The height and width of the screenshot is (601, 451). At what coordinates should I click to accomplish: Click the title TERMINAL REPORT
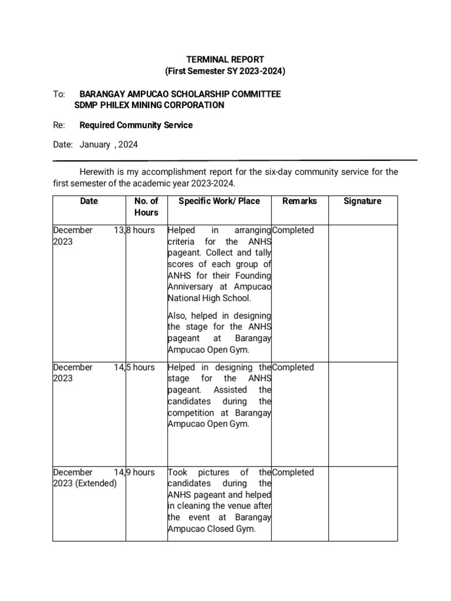(x=225, y=59)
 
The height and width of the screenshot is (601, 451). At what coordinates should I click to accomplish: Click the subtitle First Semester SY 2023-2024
(x=225, y=71)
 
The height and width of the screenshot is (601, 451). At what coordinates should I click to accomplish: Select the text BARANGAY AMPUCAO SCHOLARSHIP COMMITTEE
(x=180, y=94)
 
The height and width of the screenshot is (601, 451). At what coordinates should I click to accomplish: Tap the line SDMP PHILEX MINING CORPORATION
(x=149, y=105)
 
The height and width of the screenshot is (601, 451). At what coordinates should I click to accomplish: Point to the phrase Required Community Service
(x=136, y=125)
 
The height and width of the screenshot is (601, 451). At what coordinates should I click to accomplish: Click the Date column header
(x=89, y=201)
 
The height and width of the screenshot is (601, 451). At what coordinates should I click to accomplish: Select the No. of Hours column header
(x=146, y=207)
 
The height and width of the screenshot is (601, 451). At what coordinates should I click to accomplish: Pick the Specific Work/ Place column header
(x=219, y=201)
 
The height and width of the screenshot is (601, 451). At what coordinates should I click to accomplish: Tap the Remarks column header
(x=299, y=201)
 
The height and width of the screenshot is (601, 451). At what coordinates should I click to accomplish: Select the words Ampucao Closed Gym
(x=212, y=529)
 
